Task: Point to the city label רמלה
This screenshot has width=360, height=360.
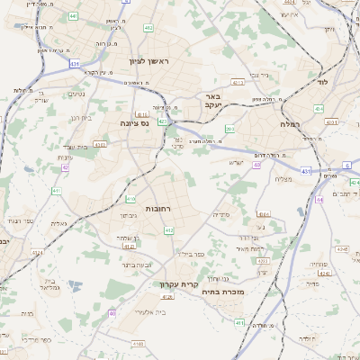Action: pyautogui.click(x=290, y=123)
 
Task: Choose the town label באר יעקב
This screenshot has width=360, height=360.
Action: pyautogui.click(x=212, y=101)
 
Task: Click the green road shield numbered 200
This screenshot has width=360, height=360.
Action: pyautogui.click(x=230, y=129)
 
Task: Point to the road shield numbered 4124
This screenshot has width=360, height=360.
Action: pyautogui.click(x=129, y=245)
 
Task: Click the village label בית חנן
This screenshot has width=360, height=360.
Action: pyautogui.click(x=79, y=117)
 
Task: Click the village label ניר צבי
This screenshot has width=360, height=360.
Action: pyautogui.click(x=260, y=75)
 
